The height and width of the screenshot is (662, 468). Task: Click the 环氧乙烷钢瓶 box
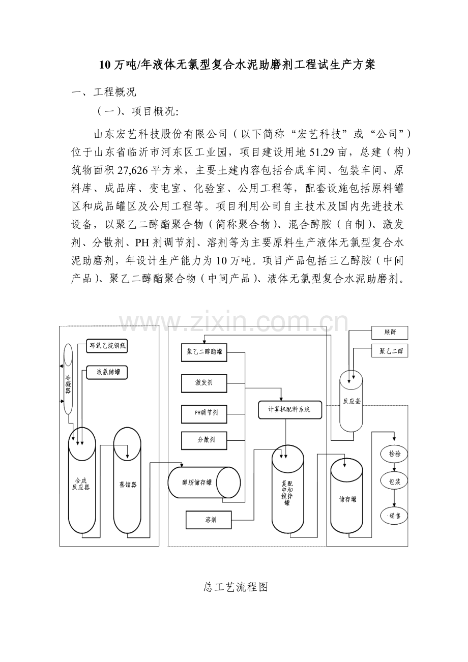[x=106, y=346]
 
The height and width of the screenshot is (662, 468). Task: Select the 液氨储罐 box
[x=106, y=373]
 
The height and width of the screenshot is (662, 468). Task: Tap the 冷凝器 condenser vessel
[x=68, y=379]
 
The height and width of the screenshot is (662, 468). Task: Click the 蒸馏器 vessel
[x=127, y=483]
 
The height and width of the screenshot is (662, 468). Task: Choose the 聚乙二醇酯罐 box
[x=204, y=351]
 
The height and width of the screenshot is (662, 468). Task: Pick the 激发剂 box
[x=203, y=382]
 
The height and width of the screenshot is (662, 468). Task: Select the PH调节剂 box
[x=203, y=413]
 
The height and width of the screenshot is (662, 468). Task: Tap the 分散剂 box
[x=203, y=439]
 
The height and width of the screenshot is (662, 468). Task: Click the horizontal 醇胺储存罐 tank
[x=203, y=483]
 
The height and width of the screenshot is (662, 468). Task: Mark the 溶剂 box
[x=208, y=519]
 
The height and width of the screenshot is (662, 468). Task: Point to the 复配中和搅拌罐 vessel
[x=287, y=491]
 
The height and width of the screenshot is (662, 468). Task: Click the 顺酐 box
[x=390, y=333]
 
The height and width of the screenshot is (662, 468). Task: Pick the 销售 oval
[x=394, y=515]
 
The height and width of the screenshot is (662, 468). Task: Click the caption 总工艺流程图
[x=235, y=587]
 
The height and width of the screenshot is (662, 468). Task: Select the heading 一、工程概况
[x=104, y=93]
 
